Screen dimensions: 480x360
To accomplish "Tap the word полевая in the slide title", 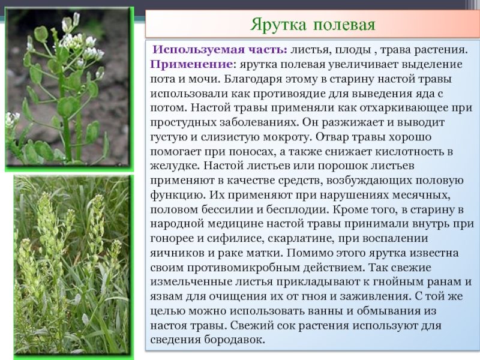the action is click(344, 25).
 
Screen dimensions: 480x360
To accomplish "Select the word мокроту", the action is click(286, 137).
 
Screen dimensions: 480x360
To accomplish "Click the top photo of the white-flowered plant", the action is click(69, 89).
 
